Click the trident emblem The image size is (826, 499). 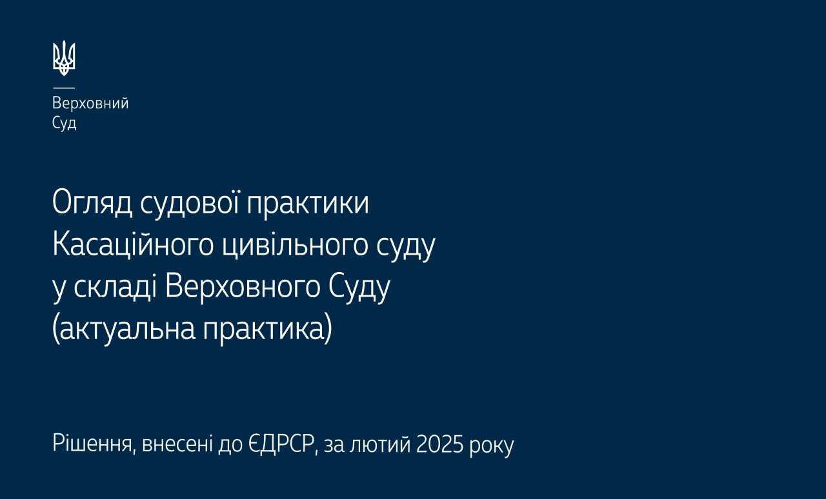pyautogui.click(x=64, y=58)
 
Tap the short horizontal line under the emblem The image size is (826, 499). pyautogui.click(x=64, y=88)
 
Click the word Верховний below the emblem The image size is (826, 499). pyautogui.click(x=90, y=104)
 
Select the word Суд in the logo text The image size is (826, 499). pyautogui.click(x=64, y=123)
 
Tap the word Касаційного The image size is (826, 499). pyautogui.click(x=133, y=246)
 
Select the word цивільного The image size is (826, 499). pyautogui.click(x=296, y=246)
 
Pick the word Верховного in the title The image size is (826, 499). pyautogui.click(x=242, y=288)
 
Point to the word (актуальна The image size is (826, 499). pyautogui.click(x=124, y=329)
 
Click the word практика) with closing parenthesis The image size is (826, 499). pyautogui.click(x=268, y=329)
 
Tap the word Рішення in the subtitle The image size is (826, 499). pyautogui.click(x=92, y=444)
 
